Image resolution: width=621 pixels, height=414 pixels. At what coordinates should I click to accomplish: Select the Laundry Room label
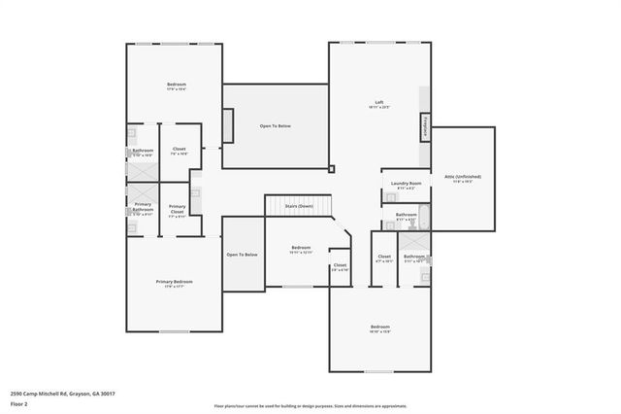406,183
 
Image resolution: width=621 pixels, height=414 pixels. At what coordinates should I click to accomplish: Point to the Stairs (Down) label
298,206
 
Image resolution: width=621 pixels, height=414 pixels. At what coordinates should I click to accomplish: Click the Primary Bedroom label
176,282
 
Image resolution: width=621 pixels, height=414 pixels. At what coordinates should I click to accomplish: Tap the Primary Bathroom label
143,208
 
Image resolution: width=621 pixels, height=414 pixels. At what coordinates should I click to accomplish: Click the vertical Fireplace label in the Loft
424,126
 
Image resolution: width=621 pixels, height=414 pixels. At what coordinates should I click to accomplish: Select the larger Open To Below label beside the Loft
276,126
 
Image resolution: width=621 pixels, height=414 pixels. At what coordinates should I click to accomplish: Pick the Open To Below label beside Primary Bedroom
242,255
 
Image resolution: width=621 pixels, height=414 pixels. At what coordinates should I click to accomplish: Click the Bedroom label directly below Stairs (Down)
301,248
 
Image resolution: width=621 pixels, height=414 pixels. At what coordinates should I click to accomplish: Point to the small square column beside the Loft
331,168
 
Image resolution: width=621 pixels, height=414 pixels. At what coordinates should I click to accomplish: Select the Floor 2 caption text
19,402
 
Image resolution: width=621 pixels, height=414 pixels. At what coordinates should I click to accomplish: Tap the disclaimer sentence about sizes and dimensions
311,405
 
